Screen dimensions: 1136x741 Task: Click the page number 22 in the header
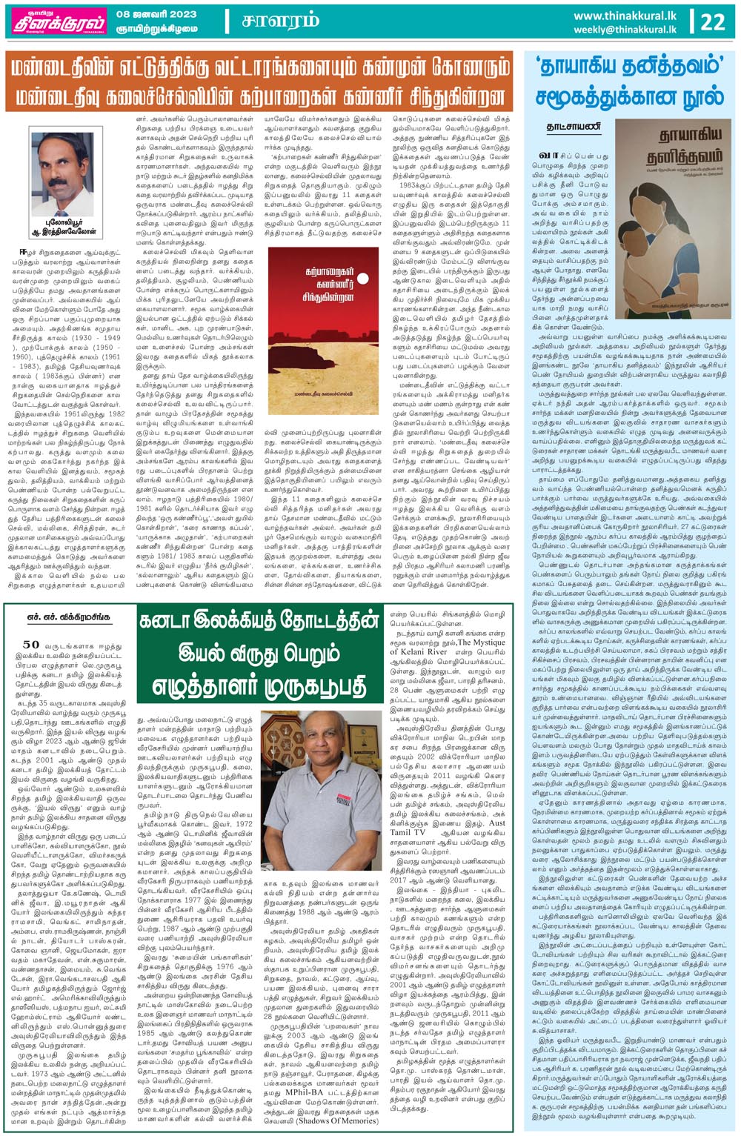coord(713,21)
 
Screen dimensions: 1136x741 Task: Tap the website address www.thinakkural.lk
coord(625,16)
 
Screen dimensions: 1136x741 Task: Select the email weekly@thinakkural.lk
coord(625,30)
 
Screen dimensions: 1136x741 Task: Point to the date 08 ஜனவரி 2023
coord(156,14)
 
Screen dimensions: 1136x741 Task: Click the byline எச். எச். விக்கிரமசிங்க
coord(70,617)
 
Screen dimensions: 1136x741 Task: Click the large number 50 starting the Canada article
coord(30,645)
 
